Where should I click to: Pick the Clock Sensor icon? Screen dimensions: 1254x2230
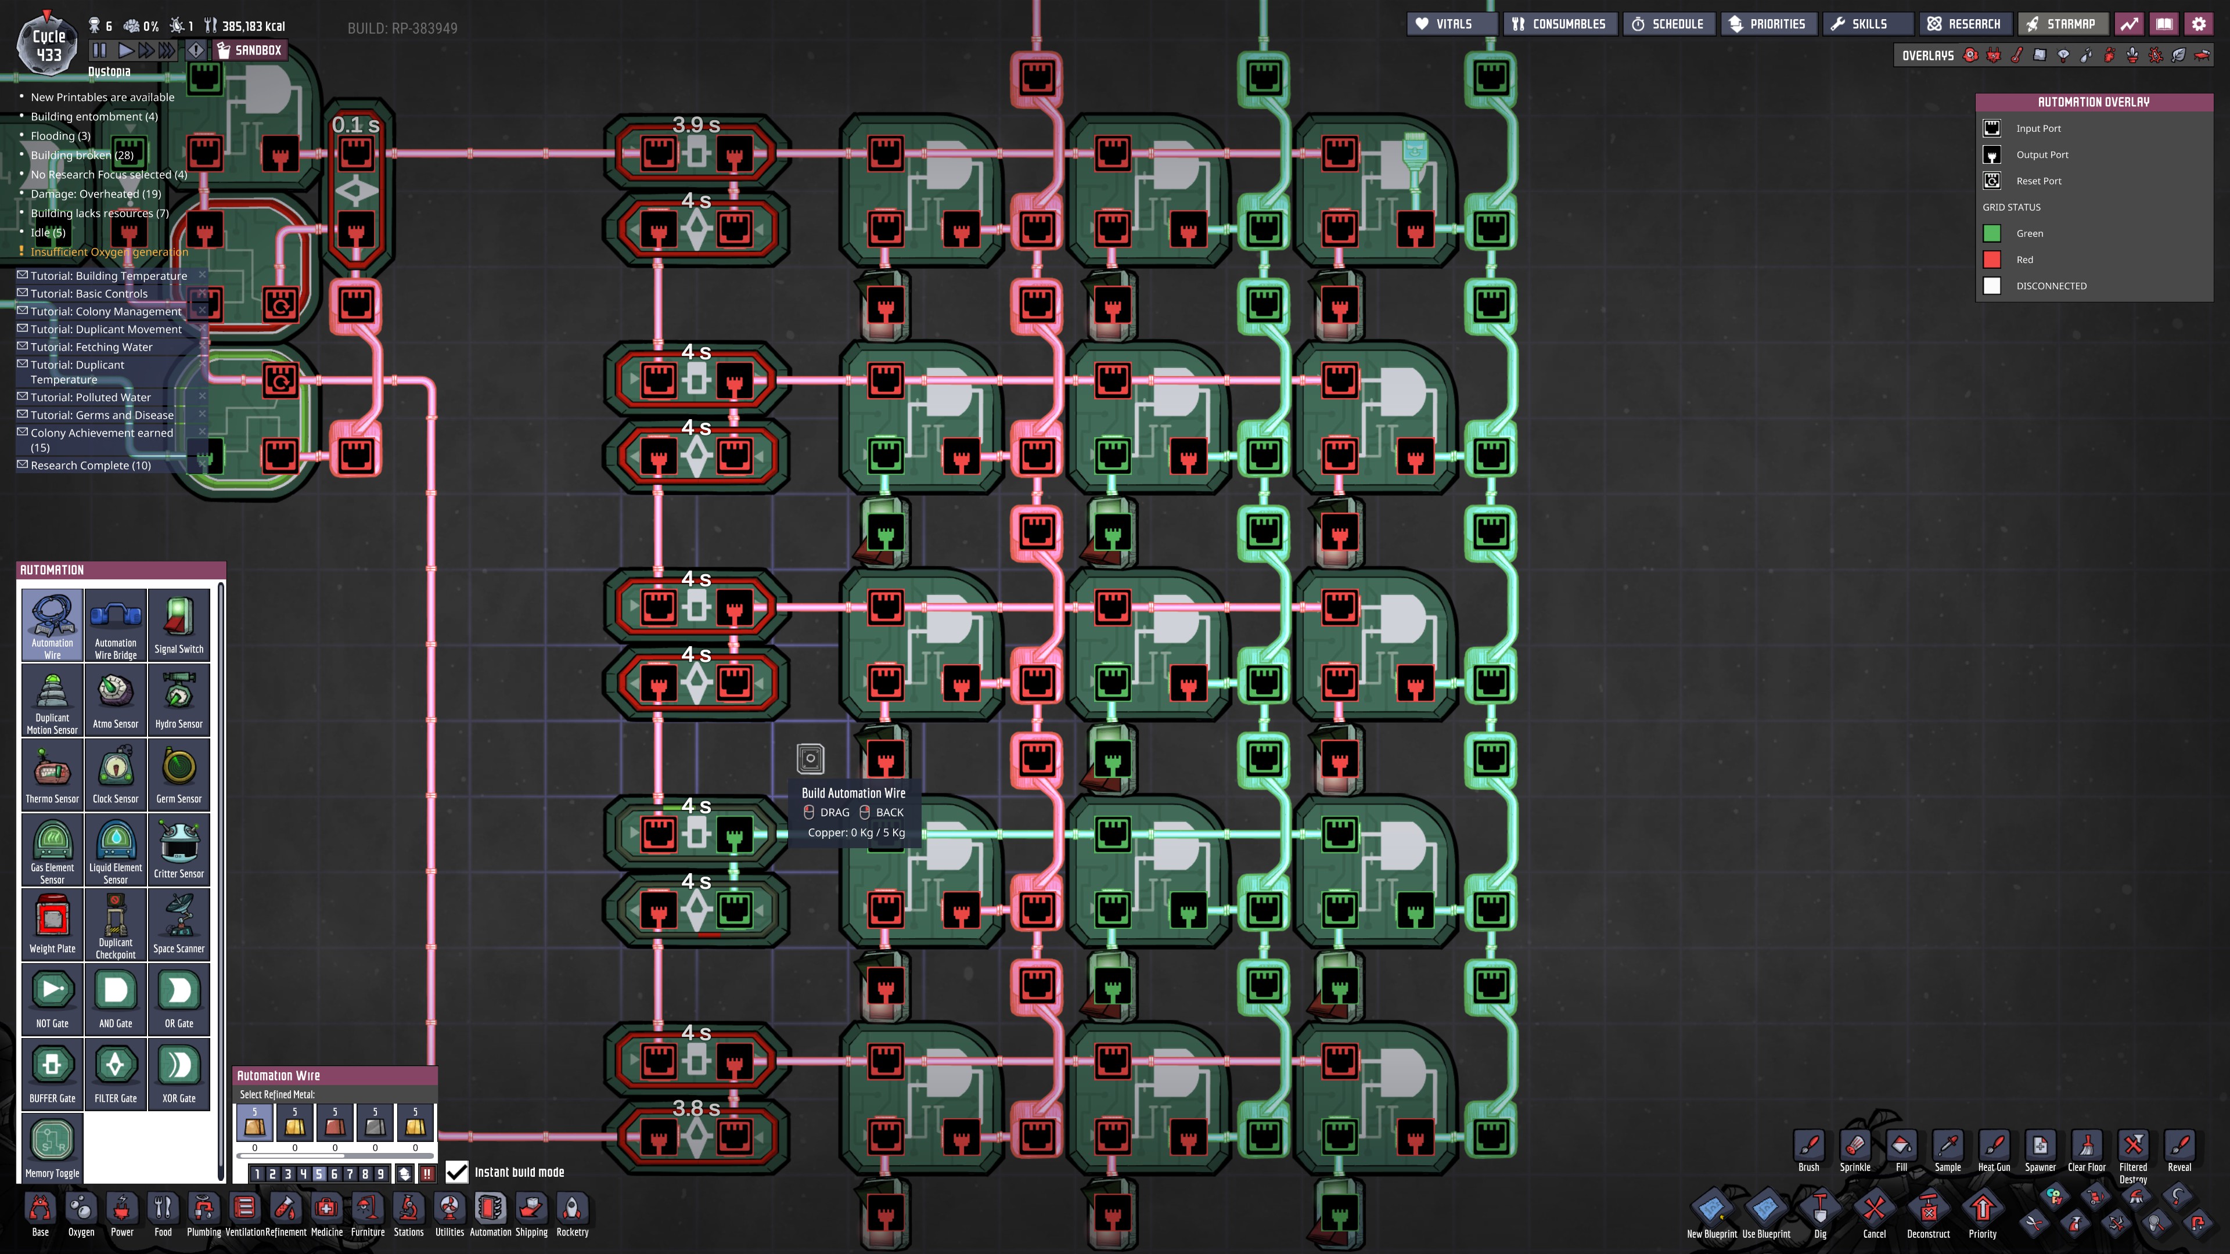pyautogui.click(x=115, y=774)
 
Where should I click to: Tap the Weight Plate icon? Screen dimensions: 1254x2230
pyautogui.click(x=52, y=924)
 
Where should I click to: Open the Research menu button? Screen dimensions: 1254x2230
pyautogui.click(x=1963, y=24)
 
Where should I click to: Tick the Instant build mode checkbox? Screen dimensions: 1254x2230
pyautogui.click(x=456, y=1172)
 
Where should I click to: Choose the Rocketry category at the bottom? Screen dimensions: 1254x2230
pyautogui.click(x=572, y=1213)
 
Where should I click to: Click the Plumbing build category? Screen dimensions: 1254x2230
pyautogui.click(x=203, y=1213)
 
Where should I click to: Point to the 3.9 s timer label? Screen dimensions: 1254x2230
pyautogui.click(x=696, y=125)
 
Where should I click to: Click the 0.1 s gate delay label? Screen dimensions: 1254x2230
pyautogui.click(x=356, y=125)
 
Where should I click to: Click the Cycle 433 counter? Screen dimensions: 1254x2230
pyautogui.click(x=48, y=46)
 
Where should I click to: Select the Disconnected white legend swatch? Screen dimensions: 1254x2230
pyautogui.click(x=1992, y=286)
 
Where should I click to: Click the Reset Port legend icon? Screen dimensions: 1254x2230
pyautogui.click(x=1992, y=181)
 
